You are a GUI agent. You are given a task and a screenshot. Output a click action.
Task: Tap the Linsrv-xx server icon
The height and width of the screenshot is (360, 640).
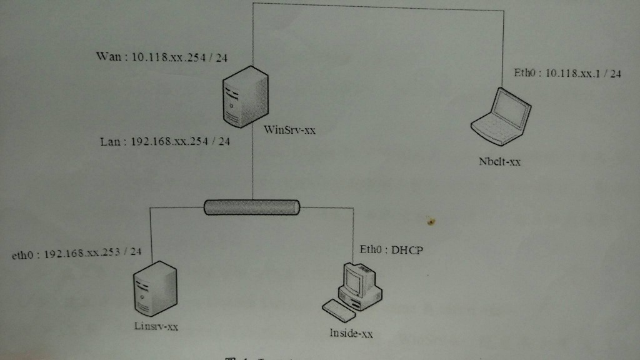coord(154,289)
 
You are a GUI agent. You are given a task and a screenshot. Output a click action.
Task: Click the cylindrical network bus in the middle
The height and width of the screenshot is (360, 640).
coord(252,207)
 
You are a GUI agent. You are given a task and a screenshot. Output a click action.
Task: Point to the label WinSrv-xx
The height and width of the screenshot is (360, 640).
coord(290,131)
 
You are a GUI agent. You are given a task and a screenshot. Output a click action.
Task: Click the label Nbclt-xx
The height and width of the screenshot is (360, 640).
coord(499,162)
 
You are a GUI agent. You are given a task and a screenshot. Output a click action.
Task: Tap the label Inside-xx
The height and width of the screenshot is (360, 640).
coord(351,333)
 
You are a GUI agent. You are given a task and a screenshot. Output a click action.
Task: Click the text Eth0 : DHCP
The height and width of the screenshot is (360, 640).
coord(391,250)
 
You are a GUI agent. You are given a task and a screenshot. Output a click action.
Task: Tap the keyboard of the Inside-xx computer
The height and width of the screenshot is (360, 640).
coord(339,309)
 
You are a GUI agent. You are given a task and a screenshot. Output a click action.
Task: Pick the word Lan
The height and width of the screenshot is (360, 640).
coord(110,142)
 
